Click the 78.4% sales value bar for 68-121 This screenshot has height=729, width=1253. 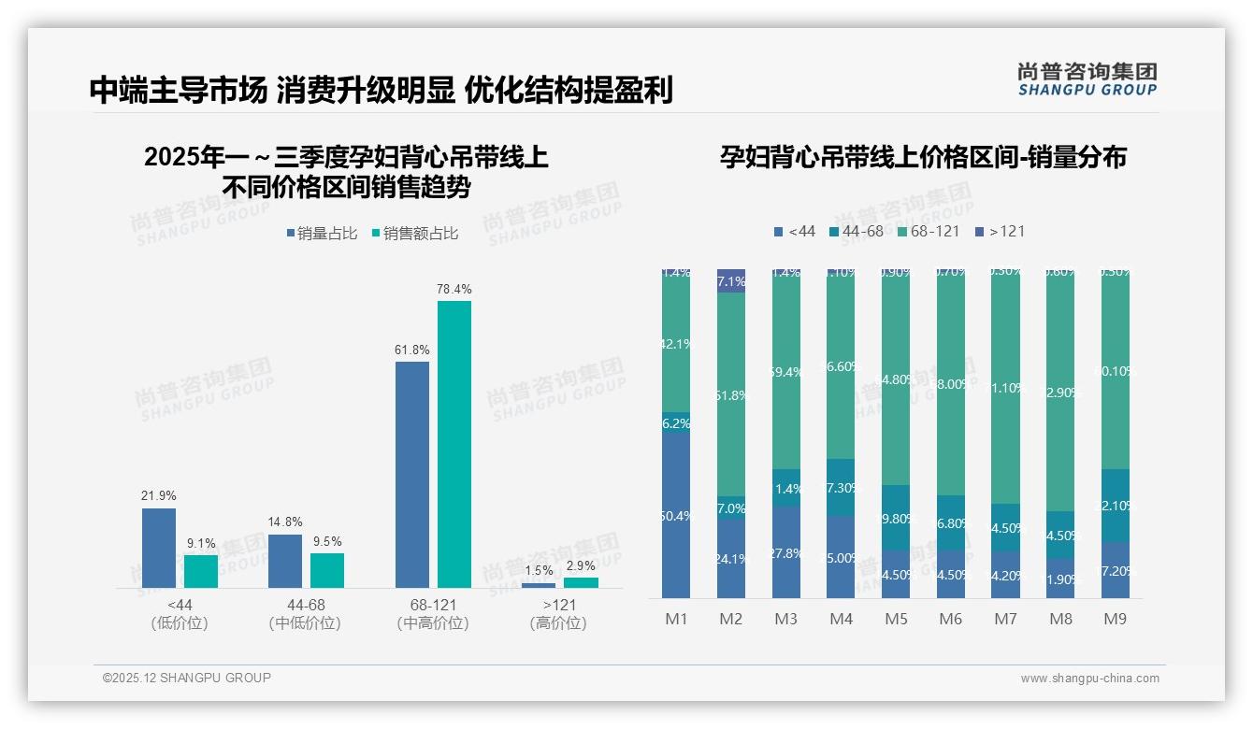pyautogui.click(x=454, y=444)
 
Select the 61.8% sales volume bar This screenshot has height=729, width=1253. pyautogui.click(x=412, y=475)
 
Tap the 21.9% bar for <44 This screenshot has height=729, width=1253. pyautogui.click(x=159, y=548)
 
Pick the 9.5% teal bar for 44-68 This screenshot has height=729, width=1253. pyautogui.click(x=327, y=570)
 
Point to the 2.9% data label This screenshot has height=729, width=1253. pyautogui.click(x=580, y=565)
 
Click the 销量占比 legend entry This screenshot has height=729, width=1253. pyautogui.click(x=322, y=234)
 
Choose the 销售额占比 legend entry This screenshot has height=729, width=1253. pyautogui.click(x=414, y=234)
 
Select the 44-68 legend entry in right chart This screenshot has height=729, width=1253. pyautogui.click(x=856, y=231)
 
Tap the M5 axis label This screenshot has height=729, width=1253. pyautogui.click(x=896, y=619)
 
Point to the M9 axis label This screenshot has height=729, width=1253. pyautogui.click(x=1115, y=619)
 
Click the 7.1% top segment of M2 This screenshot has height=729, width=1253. pyautogui.click(x=731, y=280)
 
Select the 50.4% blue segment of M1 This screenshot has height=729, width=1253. pyautogui.click(x=676, y=514)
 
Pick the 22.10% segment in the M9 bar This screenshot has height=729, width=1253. pyautogui.click(x=1115, y=506)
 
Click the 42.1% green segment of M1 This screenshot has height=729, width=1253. pyautogui.click(x=676, y=343)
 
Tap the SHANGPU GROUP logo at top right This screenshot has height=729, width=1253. pyautogui.click(x=1087, y=79)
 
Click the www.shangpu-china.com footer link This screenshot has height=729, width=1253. pyautogui.click(x=1089, y=679)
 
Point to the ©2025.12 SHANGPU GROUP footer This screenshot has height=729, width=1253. pyautogui.click(x=187, y=678)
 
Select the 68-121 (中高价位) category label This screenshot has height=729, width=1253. pyautogui.click(x=432, y=614)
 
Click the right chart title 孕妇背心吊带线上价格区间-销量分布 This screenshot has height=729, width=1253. pyautogui.click(x=923, y=157)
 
